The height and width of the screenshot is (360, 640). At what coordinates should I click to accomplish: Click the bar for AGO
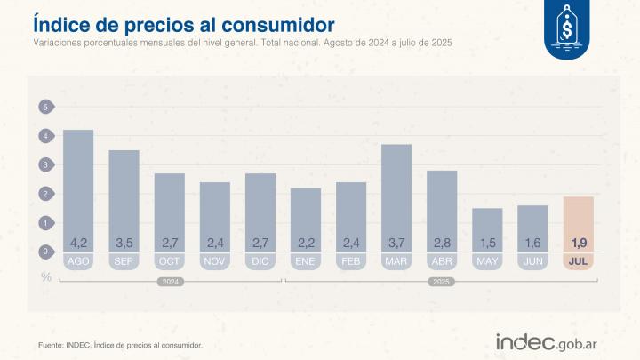point(78,187)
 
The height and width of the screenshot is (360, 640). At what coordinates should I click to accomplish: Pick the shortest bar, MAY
point(487,227)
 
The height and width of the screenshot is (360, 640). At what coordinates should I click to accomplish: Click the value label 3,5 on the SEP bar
point(124,243)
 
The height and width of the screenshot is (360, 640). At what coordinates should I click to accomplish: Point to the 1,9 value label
point(579,243)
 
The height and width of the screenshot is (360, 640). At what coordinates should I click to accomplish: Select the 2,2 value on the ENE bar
point(306,243)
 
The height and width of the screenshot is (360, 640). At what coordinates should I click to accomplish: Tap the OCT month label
point(170,261)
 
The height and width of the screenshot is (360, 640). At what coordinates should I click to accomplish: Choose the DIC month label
point(260,261)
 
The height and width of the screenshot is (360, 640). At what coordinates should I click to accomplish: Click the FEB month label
point(351,261)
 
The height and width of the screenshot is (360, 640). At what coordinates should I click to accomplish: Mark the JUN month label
point(533,261)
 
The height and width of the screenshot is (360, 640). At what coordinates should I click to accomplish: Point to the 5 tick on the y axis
point(45,107)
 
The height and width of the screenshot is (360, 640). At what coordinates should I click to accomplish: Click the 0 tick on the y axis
point(45,252)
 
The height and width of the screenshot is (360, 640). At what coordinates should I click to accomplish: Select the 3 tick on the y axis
point(45,164)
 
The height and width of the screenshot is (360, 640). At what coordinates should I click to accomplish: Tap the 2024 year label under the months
point(170,283)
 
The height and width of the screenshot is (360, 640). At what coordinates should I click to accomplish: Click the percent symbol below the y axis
point(45,276)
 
